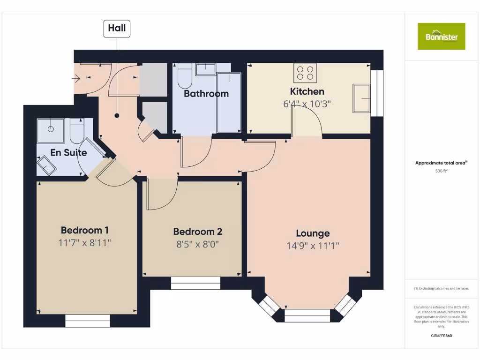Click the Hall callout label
pyautogui.click(x=117, y=28)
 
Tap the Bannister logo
pyautogui.click(x=442, y=36)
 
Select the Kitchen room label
pyautogui.click(x=307, y=91)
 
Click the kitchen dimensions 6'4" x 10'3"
pyautogui.click(x=307, y=104)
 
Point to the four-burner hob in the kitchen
pyautogui.click(x=306, y=73)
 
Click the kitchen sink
pyautogui.click(x=361, y=98)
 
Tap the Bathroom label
pyautogui.click(x=206, y=94)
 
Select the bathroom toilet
pyautogui.click(x=185, y=77)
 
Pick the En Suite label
pyautogui.click(x=68, y=153)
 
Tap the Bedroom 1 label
pyautogui.click(x=85, y=230)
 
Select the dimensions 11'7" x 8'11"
pyautogui.click(x=85, y=243)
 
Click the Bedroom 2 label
pyautogui.click(x=197, y=232)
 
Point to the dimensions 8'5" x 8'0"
pyautogui.click(x=197, y=244)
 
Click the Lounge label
pyautogui.click(x=313, y=233)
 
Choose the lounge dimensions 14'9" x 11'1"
pyautogui.click(x=313, y=246)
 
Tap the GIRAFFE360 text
pyautogui.click(x=441, y=336)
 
